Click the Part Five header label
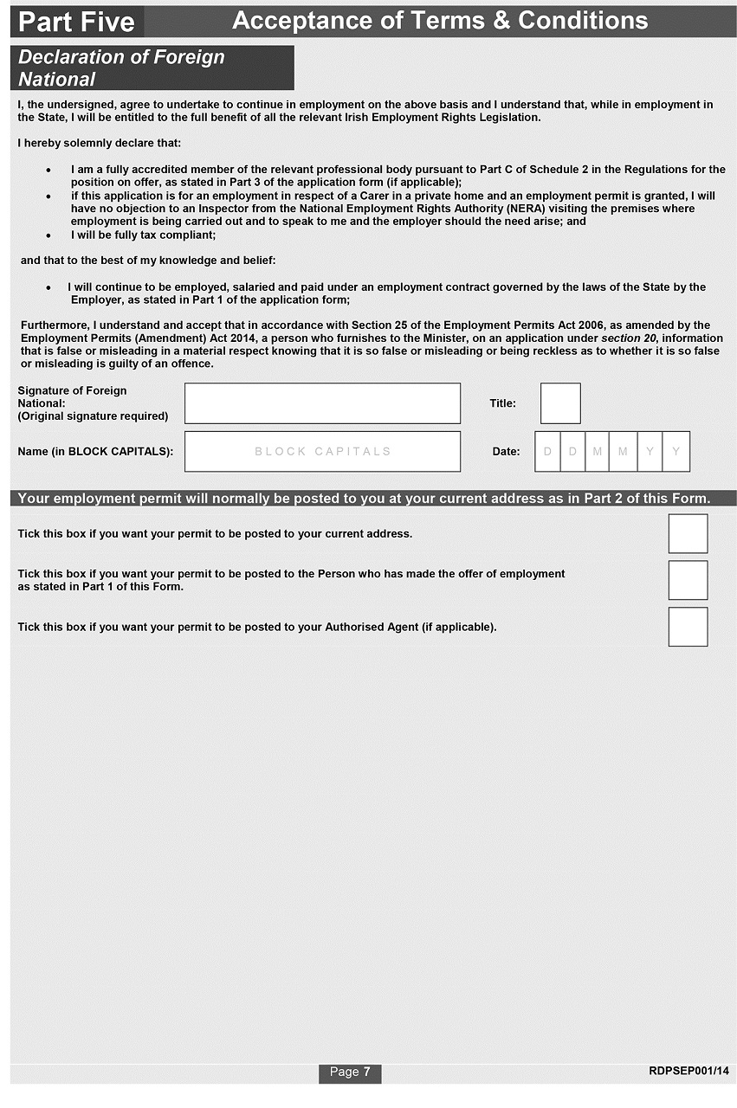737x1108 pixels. click(76, 22)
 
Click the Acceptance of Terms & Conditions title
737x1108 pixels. click(440, 21)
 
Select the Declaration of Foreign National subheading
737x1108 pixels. click(121, 68)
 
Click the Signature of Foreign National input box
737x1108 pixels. click(322, 403)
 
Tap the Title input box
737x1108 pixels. click(560, 403)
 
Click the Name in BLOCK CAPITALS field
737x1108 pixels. click(322, 451)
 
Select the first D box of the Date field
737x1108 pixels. click(547, 451)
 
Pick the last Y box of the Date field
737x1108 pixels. click(676, 451)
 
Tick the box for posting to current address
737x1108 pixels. click(688, 533)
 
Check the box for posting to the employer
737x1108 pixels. click(688, 580)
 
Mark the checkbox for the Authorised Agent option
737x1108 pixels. click(688, 627)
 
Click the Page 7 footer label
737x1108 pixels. click(350, 1073)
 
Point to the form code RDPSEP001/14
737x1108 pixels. click(689, 1072)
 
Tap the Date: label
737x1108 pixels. click(506, 451)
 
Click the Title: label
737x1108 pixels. click(502, 403)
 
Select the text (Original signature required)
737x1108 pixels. click(93, 416)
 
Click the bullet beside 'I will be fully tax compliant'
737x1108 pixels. click(48, 235)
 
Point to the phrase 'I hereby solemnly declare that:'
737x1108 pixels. click(100, 143)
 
